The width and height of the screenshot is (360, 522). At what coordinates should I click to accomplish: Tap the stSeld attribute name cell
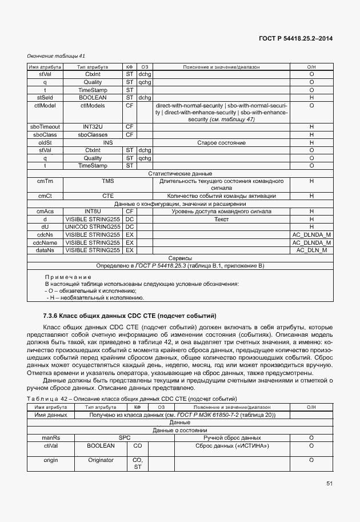pyautogui.click(x=45, y=98)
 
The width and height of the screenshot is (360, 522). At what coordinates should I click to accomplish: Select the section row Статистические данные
pyautogui.click(x=180, y=173)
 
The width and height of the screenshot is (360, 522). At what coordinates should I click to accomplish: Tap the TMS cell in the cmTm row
pyautogui.click(x=108, y=181)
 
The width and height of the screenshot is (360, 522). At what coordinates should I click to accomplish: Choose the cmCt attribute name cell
pyautogui.click(x=45, y=196)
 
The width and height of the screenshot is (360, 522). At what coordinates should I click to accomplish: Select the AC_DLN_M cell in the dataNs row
pyautogui.click(x=311, y=250)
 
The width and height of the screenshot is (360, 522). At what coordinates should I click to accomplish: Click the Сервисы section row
pyautogui.click(x=180, y=258)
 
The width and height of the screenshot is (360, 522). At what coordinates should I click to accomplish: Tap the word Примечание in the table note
pyautogui.click(x=68, y=277)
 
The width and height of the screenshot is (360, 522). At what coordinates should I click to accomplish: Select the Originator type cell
pyautogui.click(x=101, y=460)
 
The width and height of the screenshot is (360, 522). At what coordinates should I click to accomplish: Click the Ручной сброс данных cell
pyautogui.click(x=232, y=437)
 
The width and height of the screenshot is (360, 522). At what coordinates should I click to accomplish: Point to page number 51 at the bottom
pyautogui.click(x=329, y=484)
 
